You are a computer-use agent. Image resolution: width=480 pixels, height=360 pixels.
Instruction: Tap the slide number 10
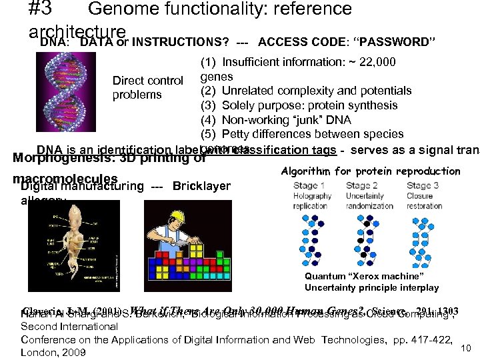[467, 347]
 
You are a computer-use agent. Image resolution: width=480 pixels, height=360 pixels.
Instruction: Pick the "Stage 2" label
[364, 185]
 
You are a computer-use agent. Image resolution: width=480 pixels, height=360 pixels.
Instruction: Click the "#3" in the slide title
[43, 9]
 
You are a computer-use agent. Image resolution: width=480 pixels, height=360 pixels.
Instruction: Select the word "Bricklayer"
[201, 186]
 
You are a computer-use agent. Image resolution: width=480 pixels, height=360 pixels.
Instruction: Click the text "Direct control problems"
[147, 87]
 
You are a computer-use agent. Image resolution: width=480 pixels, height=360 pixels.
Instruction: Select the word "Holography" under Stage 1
[312, 196]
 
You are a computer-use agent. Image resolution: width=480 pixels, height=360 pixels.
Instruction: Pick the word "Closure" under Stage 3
[420, 196]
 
